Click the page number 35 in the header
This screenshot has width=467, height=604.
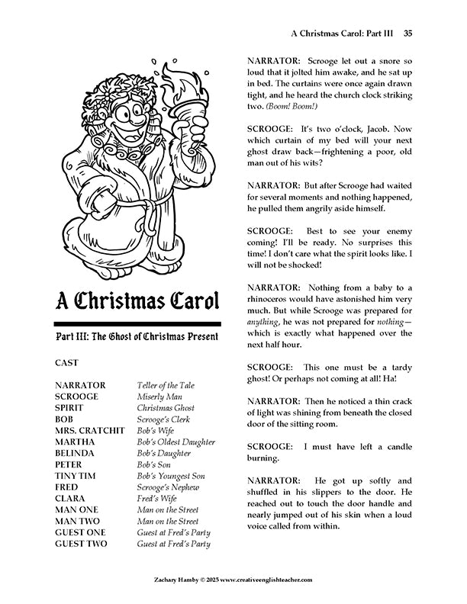[x=408, y=34]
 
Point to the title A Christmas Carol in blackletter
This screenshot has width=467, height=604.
[x=137, y=300]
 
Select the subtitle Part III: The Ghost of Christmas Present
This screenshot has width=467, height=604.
[x=137, y=336]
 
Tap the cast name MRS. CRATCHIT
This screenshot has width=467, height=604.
[x=89, y=430]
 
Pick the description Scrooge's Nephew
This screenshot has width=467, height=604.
[x=169, y=487]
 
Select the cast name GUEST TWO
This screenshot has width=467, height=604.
[x=82, y=544]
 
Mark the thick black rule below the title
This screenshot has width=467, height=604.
[x=137, y=323]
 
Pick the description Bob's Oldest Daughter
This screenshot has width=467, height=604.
[x=176, y=442]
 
